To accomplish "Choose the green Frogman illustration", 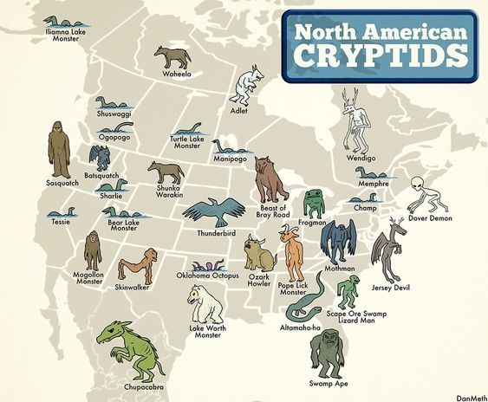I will pyautogui.click(x=313, y=203).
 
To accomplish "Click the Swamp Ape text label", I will pyautogui.click(x=328, y=383).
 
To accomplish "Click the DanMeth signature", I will pyautogui.click(x=468, y=395).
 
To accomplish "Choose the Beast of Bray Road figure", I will pyautogui.click(x=270, y=179).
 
